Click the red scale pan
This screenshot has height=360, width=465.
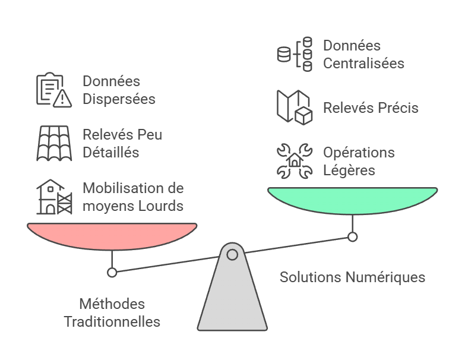coord(112,234)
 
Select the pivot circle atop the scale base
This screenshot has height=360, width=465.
coord(232,255)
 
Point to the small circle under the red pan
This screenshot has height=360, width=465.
coord(112,273)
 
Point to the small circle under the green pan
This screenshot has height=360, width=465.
coord(352,237)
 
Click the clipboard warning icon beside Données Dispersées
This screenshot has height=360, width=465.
coord(54,90)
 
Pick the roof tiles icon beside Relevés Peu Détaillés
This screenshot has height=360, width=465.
coord(54,143)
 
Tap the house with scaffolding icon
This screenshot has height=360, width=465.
coord(54,197)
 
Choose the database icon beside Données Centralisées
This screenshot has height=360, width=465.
coord(295,55)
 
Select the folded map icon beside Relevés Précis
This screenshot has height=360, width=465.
coord(295,108)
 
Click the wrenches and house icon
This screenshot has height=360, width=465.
coord(295,161)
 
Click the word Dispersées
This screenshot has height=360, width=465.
coord(119,99)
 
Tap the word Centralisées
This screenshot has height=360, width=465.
coord(363,64)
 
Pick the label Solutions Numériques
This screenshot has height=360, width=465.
coord(352,277)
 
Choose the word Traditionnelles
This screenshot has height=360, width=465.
coord(112,322)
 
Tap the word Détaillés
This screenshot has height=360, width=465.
coord(111,153)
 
